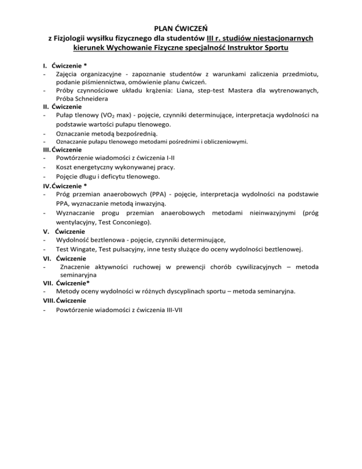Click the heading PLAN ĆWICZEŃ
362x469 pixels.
181,27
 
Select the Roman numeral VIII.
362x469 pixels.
47,301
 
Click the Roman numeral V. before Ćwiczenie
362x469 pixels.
46,232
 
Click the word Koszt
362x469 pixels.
65,167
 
